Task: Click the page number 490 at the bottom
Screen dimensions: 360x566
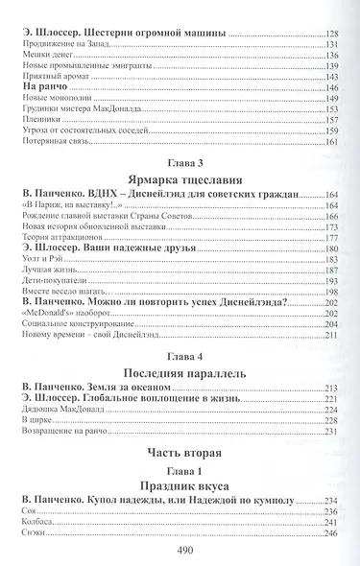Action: pyautogui.click(x=180, y=551)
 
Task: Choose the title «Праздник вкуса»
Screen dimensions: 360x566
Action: pyautogui.click(x=180, y=485)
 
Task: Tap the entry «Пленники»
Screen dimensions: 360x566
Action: pyautogui.click(x=40, y=120)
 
